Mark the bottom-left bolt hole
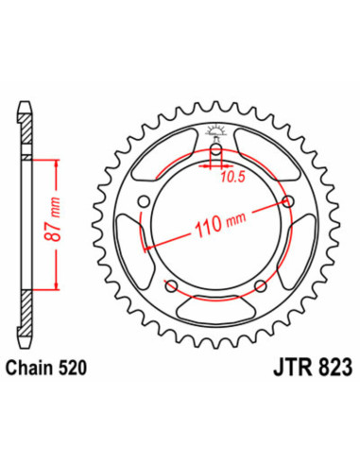171,284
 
